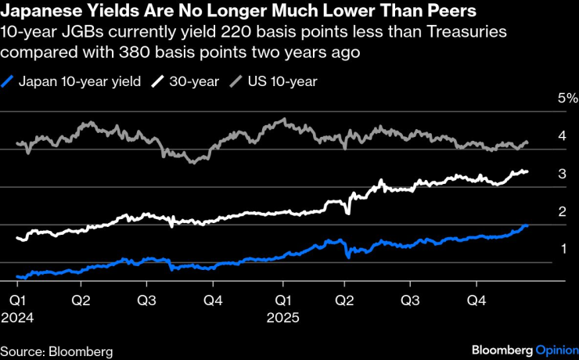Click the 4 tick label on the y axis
pos(562,136)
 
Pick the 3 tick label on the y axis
pos(562,174)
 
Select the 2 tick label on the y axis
pos(562,211)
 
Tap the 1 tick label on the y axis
pos(562,249)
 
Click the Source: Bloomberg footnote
pos(56,350)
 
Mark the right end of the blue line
pos(527,226)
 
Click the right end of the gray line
pos(527,142)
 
